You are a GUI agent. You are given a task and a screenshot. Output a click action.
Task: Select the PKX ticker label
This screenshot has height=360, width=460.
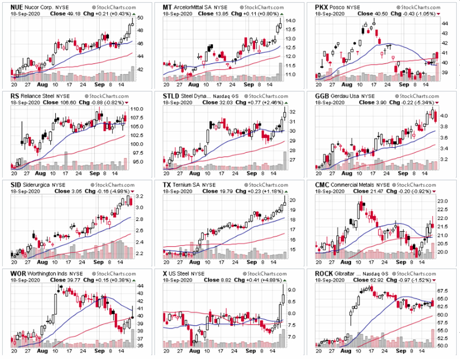coord(323,7)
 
